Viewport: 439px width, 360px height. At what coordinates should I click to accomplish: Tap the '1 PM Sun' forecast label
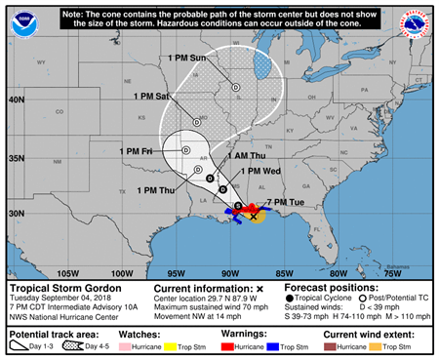(x=188, y=60)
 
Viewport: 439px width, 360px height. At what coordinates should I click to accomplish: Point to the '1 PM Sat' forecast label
(x=153, y=96)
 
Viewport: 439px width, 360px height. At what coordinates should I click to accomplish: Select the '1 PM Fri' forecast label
(x=138, y=151)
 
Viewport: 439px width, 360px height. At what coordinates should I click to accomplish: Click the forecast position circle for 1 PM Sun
(x=235, y=87)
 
